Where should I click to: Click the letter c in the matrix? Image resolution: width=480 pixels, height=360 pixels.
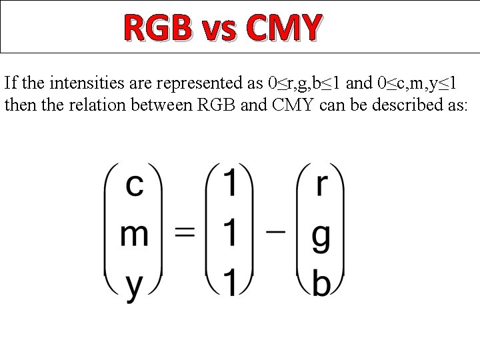click(x=135, y=186)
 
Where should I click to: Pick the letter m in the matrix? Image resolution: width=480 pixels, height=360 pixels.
click(x=134, y=235)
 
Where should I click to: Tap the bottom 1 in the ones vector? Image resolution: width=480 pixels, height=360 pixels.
click(x=229, y=283)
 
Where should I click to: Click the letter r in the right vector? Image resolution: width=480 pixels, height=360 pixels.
click(x=322, y=186)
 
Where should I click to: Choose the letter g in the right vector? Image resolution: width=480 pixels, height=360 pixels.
click(x=321, y=239)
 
